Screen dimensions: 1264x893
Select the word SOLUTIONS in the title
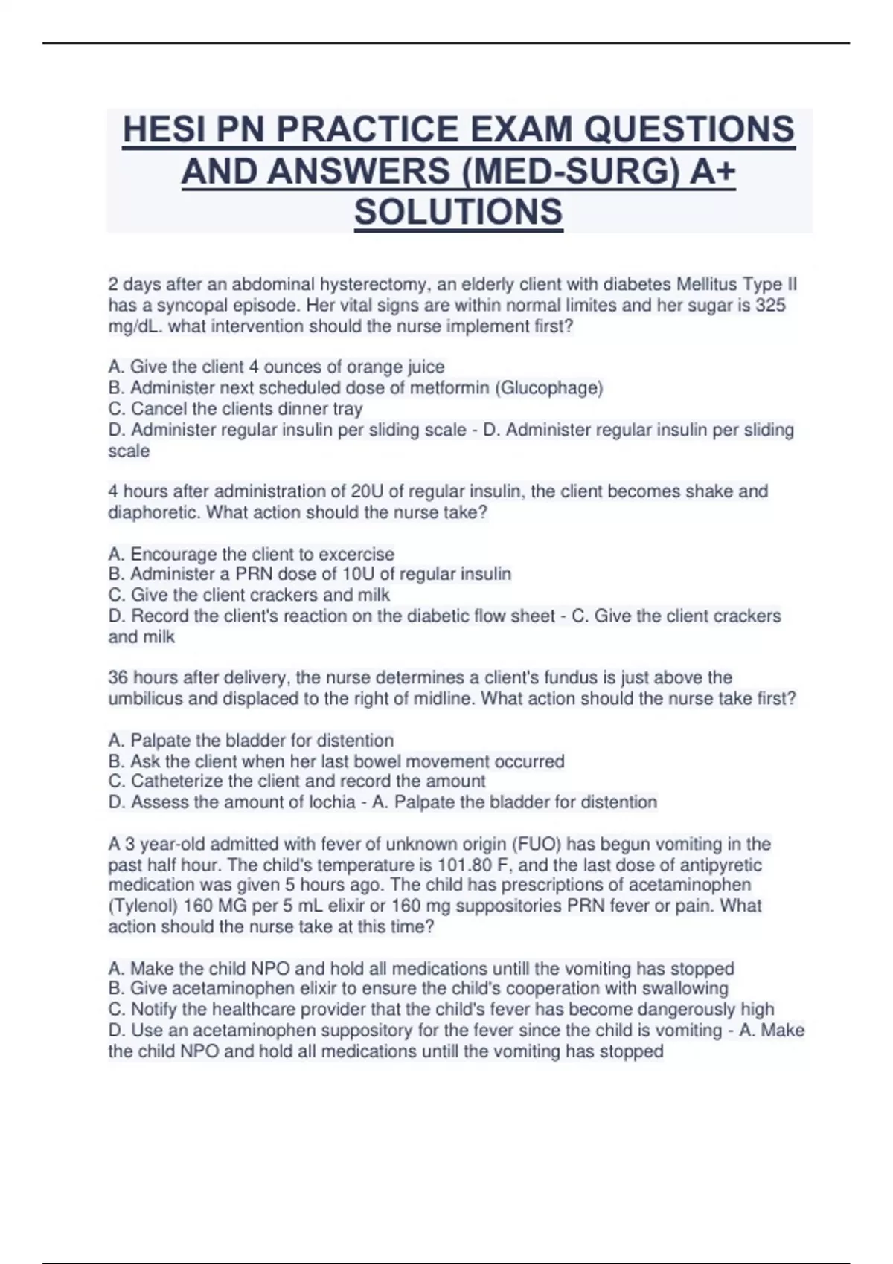pyautogui.click(x=458, y=212)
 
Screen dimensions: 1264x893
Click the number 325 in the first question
pyautogui.click(x=770, y=306)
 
